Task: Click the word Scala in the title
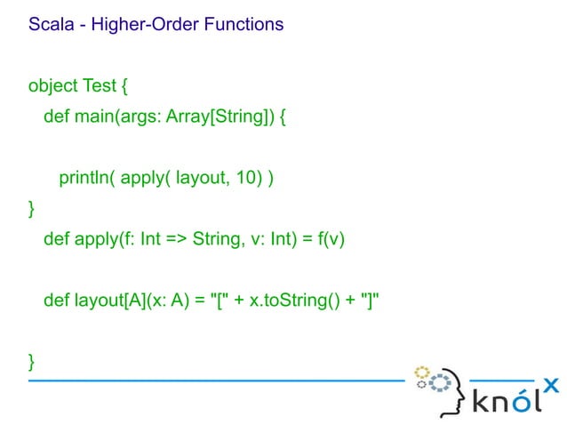(50, 25)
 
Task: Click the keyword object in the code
(53, 86)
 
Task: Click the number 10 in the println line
(245, 179)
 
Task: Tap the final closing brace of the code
(33, 361)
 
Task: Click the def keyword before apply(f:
(56, 240)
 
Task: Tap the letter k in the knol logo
(480, 402)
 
